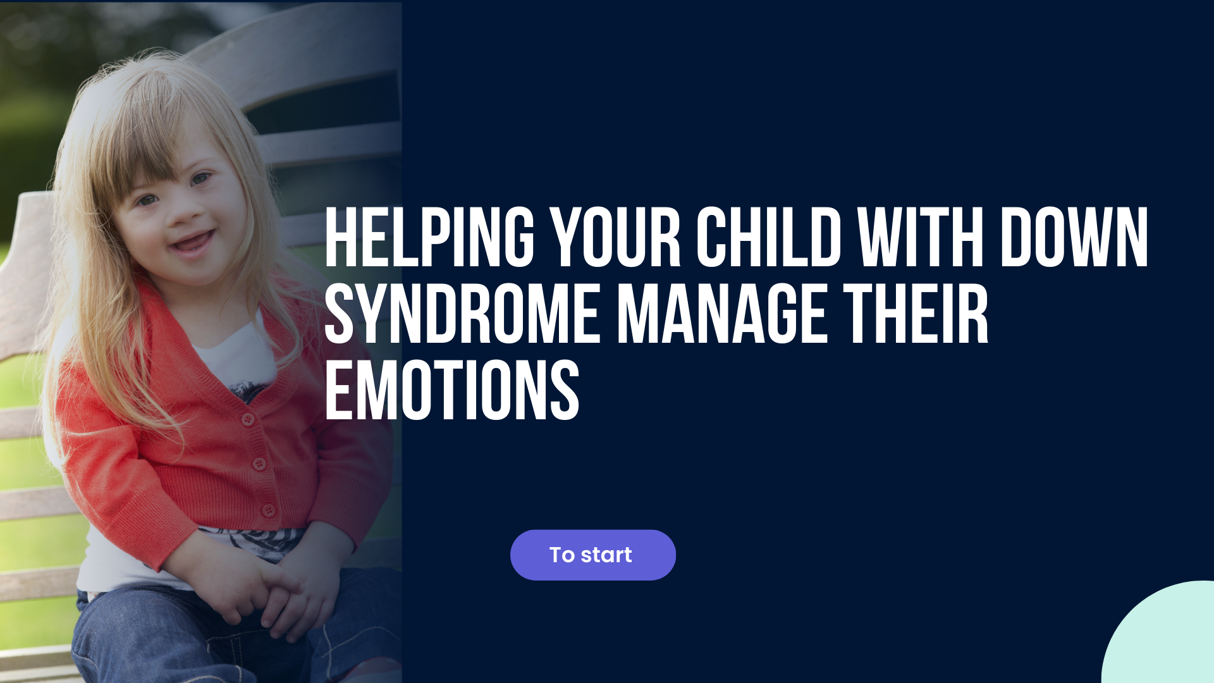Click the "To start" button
click(x=592, y=555)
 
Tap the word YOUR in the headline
click(x=615, y=238)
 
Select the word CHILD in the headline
click(x=769, y=238)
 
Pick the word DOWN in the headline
click(x=1074, y=238)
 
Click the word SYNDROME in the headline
click(x=462, y=314)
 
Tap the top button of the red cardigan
click(x=248, y=419)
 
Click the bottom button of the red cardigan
click(x=269, y=510)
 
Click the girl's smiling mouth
click(x=190, y=242)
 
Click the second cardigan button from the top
click(x=259, y=464)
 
